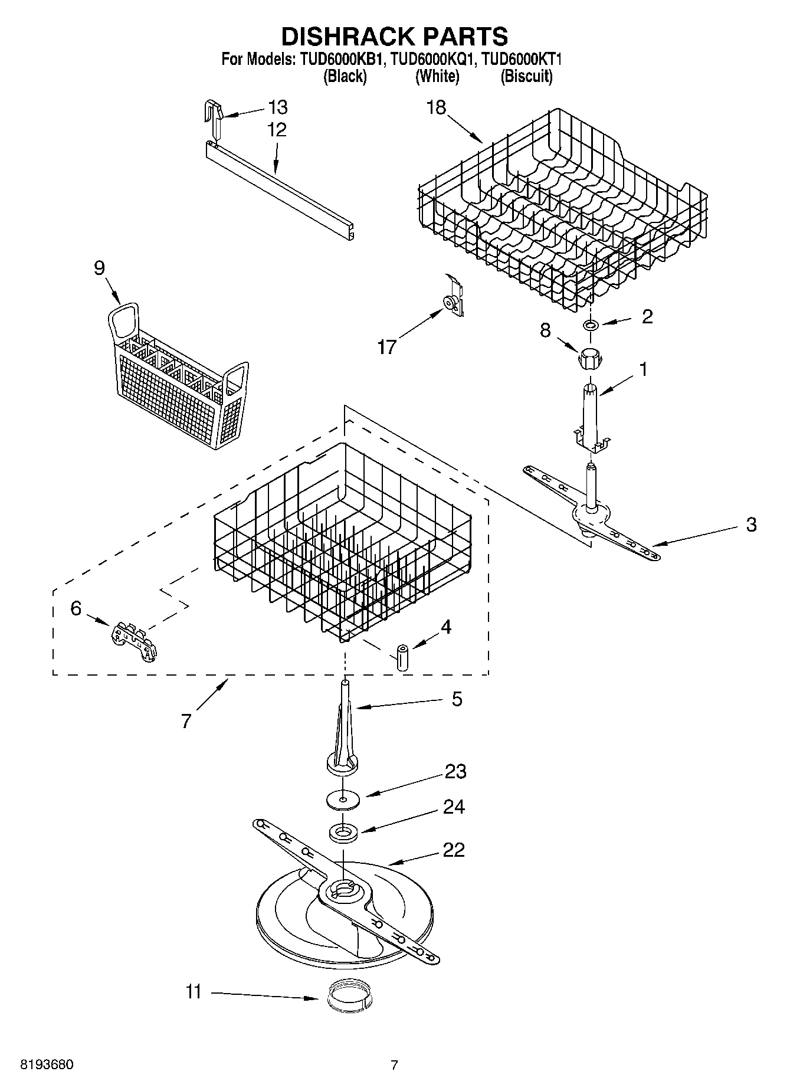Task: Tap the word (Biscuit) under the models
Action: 526,76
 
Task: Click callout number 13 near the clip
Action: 277,107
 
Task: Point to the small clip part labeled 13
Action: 214,117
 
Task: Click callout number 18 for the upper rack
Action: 437,107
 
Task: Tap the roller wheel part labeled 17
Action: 453,302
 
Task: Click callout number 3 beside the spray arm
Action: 750,525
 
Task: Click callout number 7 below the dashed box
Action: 186,720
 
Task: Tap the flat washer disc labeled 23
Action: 343,800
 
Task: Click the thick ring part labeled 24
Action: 343,833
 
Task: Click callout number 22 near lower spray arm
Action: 453,850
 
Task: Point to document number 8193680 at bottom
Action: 47,1066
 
